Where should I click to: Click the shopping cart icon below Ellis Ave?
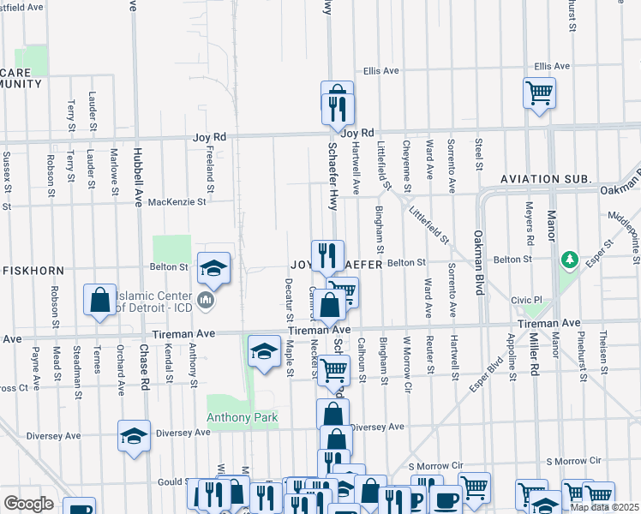tap(539, 93)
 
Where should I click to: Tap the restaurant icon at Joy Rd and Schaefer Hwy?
tap(333, 108)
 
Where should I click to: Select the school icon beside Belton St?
tap(213, 269)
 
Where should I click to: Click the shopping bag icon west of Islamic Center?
tap(99, 301)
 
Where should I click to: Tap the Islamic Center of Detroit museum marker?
tap(206, 301)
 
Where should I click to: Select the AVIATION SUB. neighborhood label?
tap(547, 180)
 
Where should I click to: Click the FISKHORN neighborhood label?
tap(34, 270)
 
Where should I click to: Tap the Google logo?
tap(28, 503)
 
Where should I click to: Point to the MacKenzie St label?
tap(177, 203)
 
